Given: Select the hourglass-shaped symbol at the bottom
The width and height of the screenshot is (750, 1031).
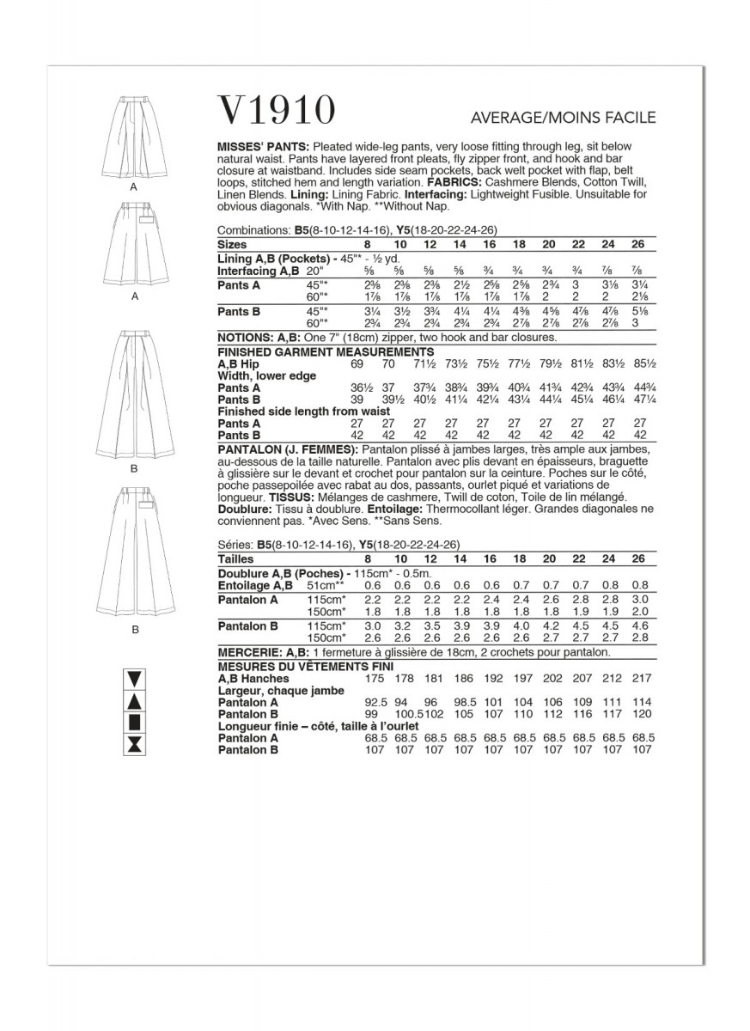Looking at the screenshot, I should tap(134, 744).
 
